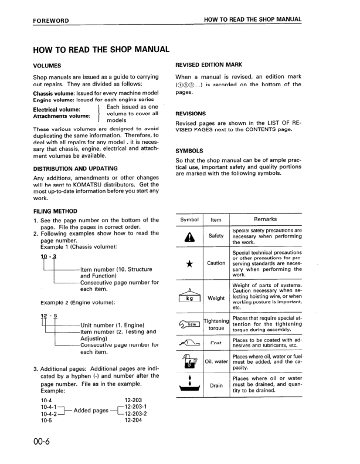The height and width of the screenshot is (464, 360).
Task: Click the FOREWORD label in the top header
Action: point(51,21)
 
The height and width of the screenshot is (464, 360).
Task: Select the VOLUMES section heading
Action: point(47,65)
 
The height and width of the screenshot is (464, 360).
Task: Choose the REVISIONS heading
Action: point(191,113)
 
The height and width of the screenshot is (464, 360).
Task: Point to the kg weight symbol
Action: point(188,296)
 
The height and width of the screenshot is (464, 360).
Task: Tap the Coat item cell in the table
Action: point(216,344)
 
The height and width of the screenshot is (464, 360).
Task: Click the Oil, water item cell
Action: point(216,361)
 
